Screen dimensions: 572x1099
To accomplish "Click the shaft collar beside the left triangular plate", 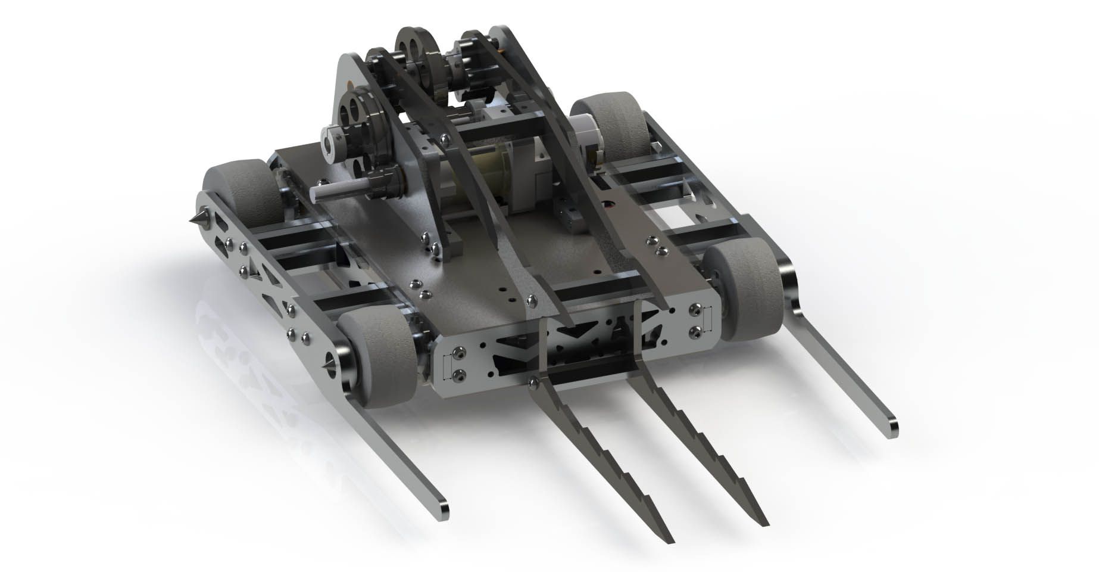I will click(x=331, y=143).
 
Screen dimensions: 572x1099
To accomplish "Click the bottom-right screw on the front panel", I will click(x=695, y=330).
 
